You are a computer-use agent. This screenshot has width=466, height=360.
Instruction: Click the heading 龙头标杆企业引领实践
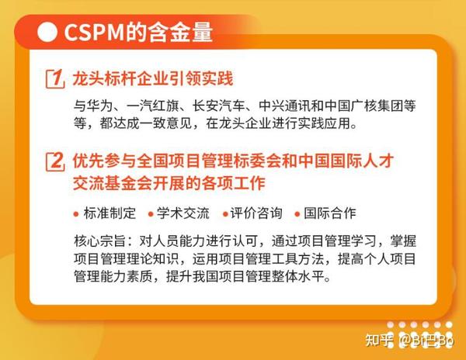click(152, 79)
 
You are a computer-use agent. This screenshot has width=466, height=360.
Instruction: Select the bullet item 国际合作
click(331, 213)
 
